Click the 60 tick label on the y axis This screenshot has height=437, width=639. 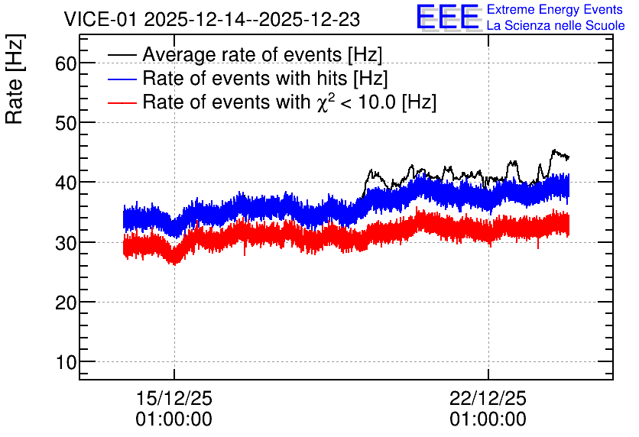(x=66, y=63)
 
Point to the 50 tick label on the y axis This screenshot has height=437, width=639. (x=66, y=123)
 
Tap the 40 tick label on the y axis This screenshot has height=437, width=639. (x=66, y=183)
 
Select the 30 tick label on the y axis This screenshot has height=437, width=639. (x=66, y=243)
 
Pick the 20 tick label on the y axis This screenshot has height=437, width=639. (x=66, y=303)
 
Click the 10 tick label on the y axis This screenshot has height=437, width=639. (x=66, y=361)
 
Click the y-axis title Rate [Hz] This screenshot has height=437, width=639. (x=15, y=79)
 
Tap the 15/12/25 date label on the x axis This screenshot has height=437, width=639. (x=174, y=398)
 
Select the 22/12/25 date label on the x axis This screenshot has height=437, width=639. (x=488, y=398)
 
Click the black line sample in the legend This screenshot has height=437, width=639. (x=122, y=55)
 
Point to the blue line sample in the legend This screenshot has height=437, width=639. (x=122, y=79)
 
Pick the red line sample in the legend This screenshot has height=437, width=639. (x=122, y=102)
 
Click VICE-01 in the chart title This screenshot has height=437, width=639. (x=100, y=19)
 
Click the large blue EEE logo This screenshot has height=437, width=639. (x=447, y=17)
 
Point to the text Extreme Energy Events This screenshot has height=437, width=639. (x=555, y=9)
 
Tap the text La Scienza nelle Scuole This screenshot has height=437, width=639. (x=556, y=25)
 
